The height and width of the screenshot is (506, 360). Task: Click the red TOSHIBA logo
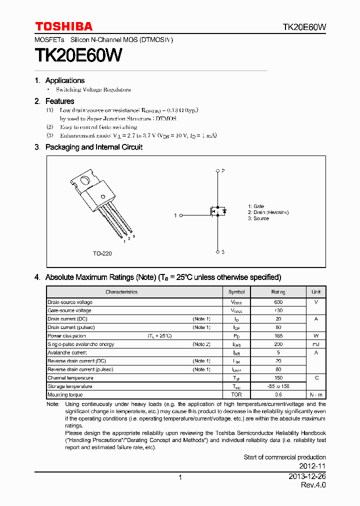point(63,26)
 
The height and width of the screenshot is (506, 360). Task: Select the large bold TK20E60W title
point(78,54)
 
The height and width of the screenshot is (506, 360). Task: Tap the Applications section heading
point(64,80)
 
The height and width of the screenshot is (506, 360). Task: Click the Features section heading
point(59,101)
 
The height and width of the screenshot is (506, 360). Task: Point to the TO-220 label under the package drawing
point(102,253)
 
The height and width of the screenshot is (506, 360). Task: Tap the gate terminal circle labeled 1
point(180,215)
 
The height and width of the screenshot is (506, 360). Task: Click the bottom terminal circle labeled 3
point(217,251)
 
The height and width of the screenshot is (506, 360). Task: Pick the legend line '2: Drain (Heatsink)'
point(268,212)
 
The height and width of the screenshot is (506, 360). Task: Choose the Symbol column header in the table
point(236,292)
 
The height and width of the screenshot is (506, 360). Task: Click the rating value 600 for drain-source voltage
point(278,302)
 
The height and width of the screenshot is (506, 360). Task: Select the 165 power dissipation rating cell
point(278,336)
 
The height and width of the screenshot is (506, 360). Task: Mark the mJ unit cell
point(316,344)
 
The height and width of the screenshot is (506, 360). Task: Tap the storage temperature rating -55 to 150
point(278,386)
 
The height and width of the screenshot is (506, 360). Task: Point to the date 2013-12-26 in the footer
point(307,477)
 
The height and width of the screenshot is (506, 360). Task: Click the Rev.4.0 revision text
point(313,485)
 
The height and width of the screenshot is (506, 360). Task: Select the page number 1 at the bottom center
point(180,477)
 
